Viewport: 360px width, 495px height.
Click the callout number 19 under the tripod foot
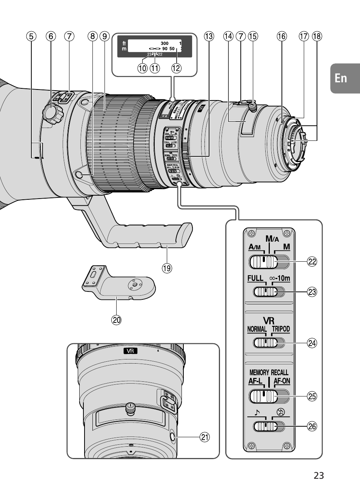tap(166, 268)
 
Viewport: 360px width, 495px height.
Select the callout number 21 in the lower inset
tap(204, 437)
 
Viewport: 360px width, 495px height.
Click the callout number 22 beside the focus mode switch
tap(312, 261)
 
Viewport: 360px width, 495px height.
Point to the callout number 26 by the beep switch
tap(312, 426)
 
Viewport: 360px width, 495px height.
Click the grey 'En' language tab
tap(341, 78)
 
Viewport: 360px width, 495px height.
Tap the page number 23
tap(318, 475)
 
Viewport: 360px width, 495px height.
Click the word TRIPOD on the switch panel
tap(280, 329)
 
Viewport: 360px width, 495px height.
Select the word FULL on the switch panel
tap(255, 278)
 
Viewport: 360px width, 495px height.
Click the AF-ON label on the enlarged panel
tap(282, 381)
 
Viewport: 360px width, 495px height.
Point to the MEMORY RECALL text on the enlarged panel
tap(269, 372)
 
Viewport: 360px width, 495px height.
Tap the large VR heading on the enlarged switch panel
tap(269, 321)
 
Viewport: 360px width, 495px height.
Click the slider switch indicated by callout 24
tap(266, 343)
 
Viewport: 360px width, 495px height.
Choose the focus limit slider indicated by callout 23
tap(266, 291)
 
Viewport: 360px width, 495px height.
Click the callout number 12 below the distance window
tap(176, 68)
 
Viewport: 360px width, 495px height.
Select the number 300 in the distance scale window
tap(164, 43)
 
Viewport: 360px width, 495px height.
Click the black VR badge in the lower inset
tap(130, 351)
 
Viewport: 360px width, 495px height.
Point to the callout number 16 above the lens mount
tap(282, 36)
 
